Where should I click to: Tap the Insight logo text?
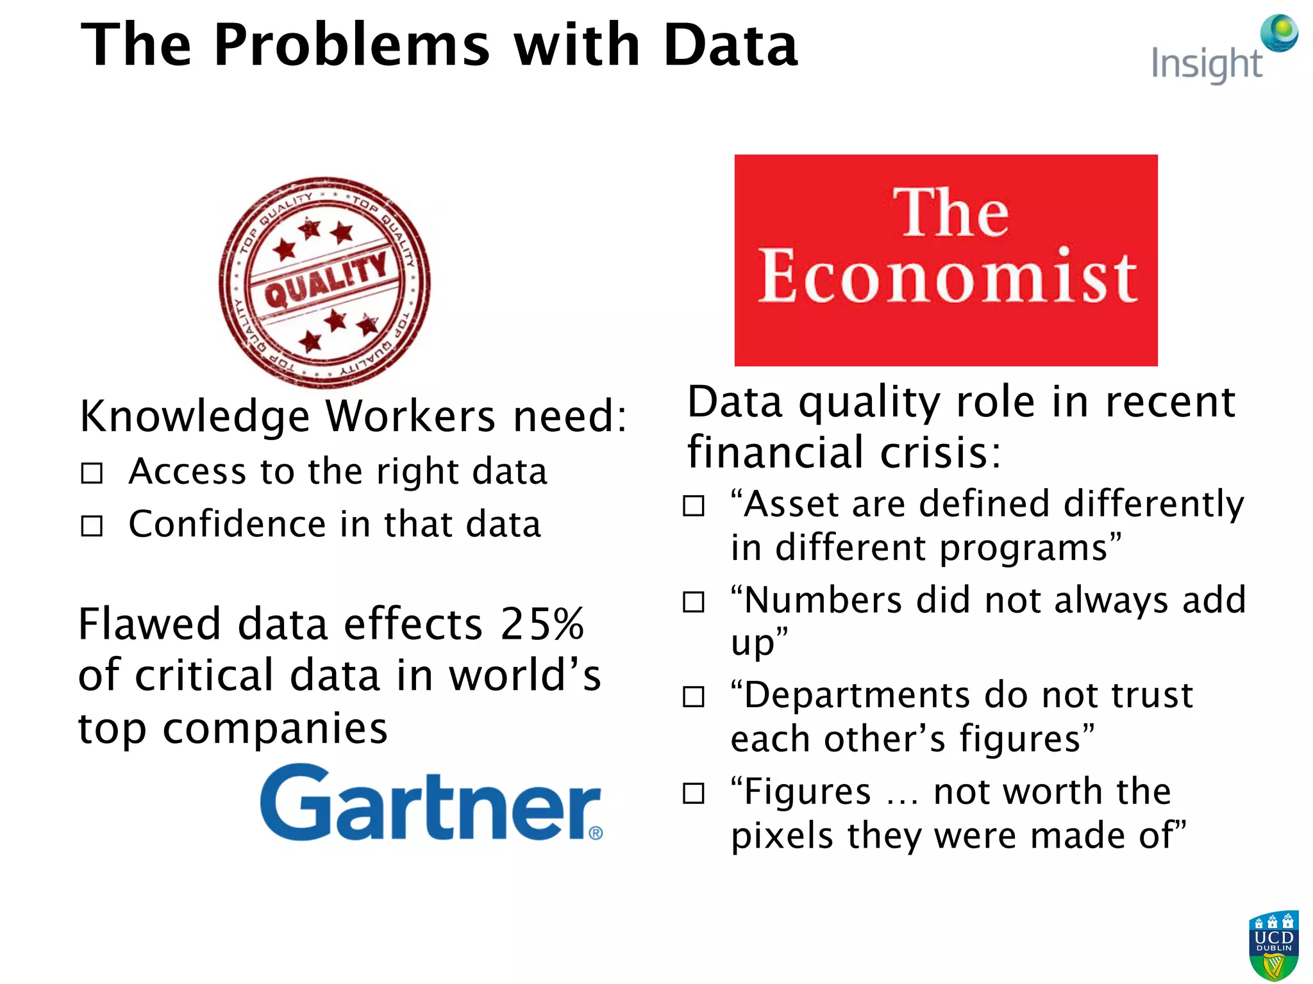click(1207, 64)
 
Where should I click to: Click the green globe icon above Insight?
click(1279, 33)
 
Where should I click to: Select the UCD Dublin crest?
click(1273, 946)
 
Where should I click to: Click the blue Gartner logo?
click(430, 803)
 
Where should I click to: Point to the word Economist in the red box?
click(948, 277)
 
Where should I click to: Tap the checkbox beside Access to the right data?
click(92, 473)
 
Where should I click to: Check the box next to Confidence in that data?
click(92, 526)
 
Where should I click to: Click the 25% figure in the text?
click(542, 624)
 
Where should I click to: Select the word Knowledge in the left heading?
click(195, 416)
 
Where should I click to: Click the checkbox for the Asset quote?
click(693, 505)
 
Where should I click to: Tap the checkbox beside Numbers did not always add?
click(693, 602)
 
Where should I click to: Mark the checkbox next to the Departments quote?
click(693, 696)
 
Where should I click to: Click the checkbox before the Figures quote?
click(693, 793)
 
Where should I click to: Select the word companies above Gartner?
click(274, 730)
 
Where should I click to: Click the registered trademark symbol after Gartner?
click(596, 833)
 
